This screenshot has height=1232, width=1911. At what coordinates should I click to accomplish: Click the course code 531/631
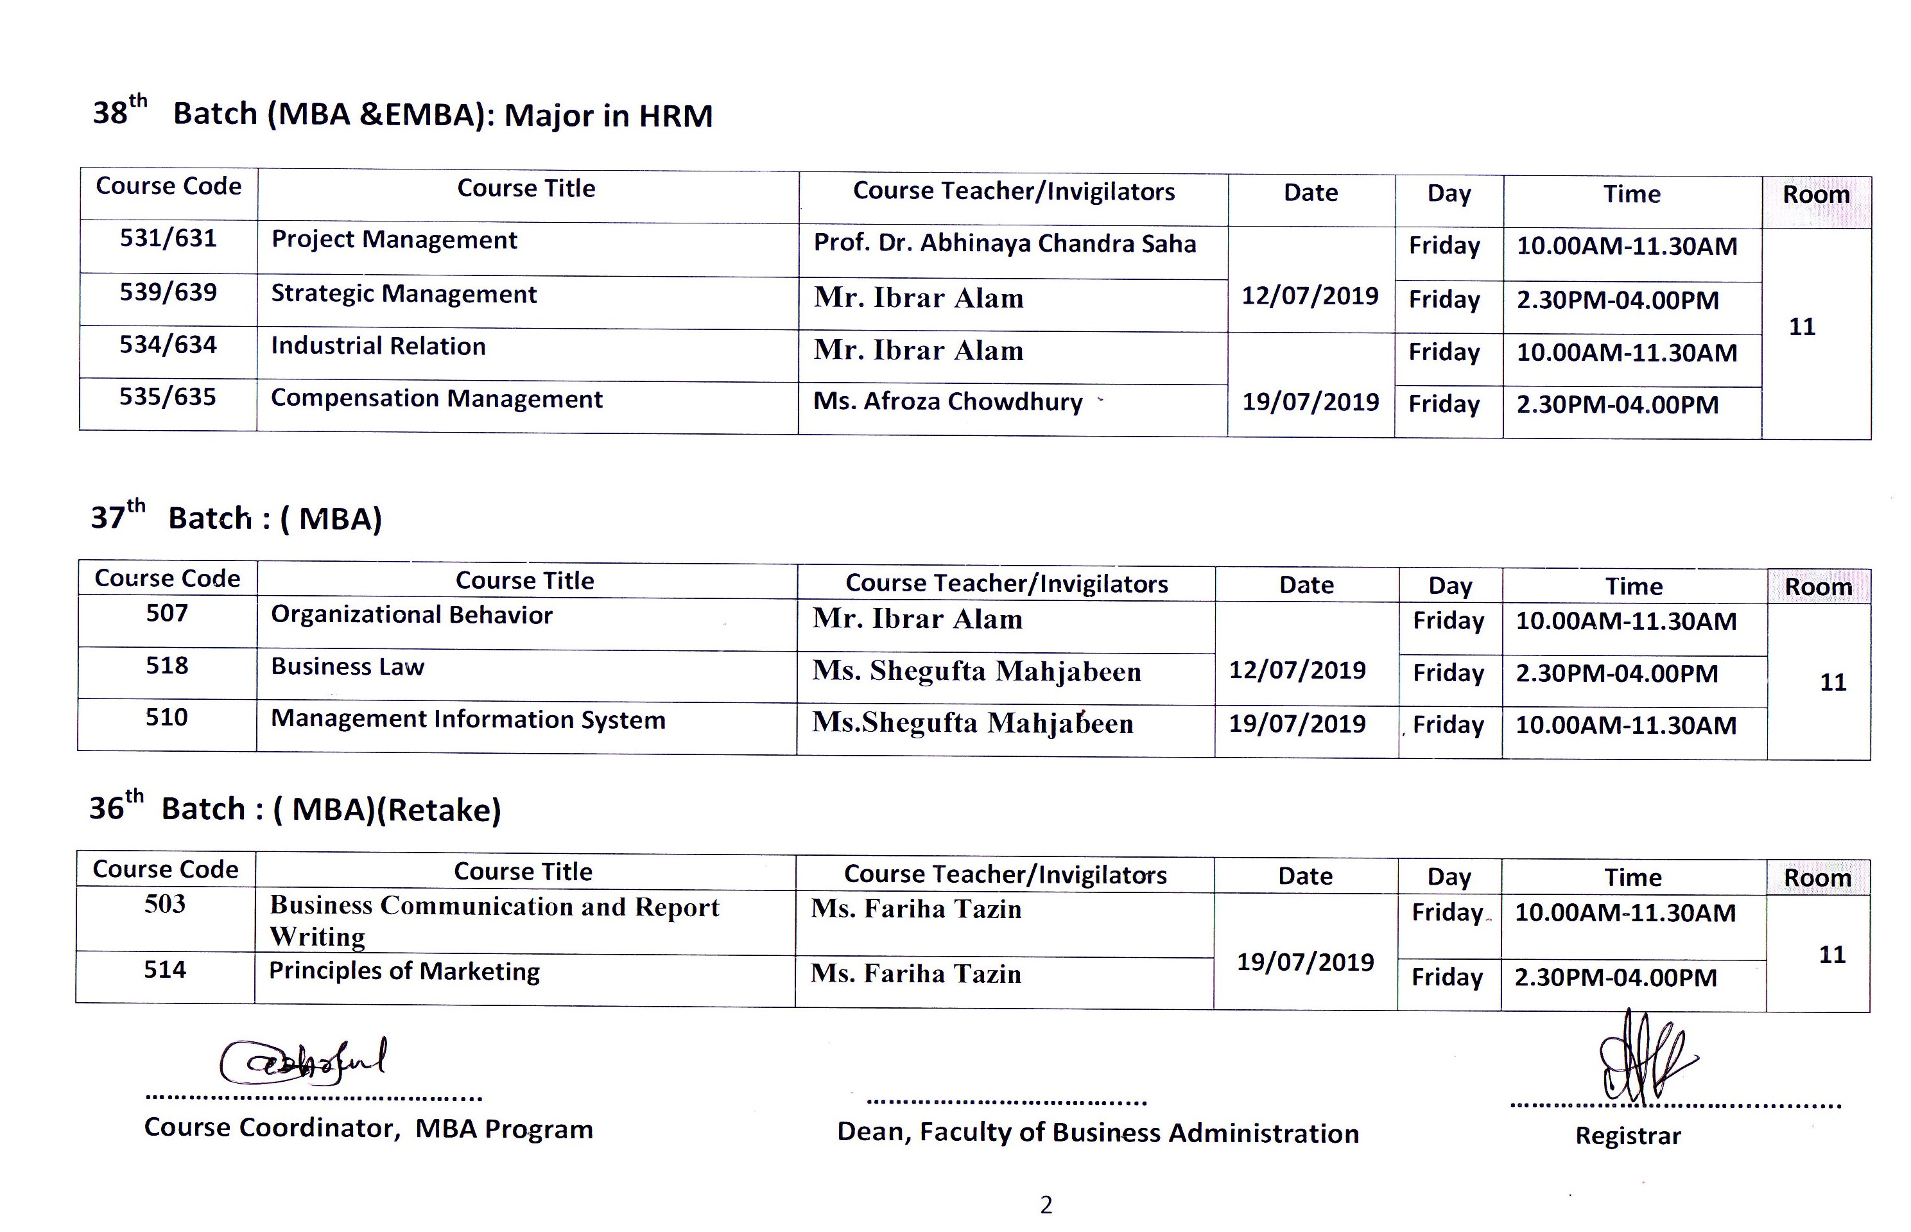168,238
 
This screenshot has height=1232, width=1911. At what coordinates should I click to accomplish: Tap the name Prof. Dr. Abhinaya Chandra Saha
1004,243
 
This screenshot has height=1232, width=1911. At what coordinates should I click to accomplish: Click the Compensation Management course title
436,399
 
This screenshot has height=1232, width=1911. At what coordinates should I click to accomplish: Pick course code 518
166,666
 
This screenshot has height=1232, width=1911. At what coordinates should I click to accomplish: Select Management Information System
468,719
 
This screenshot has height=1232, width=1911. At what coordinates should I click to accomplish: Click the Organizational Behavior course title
411,614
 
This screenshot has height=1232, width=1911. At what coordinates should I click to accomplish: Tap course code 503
165,904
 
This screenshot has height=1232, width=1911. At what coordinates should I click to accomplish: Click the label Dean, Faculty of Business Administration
1098,1132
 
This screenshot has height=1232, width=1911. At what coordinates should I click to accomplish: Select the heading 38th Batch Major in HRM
402,114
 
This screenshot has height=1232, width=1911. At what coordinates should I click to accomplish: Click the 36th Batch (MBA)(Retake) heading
295,809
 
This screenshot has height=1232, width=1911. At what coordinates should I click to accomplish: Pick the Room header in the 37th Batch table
1817,586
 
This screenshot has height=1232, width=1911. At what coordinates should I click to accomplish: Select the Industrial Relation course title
377,345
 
